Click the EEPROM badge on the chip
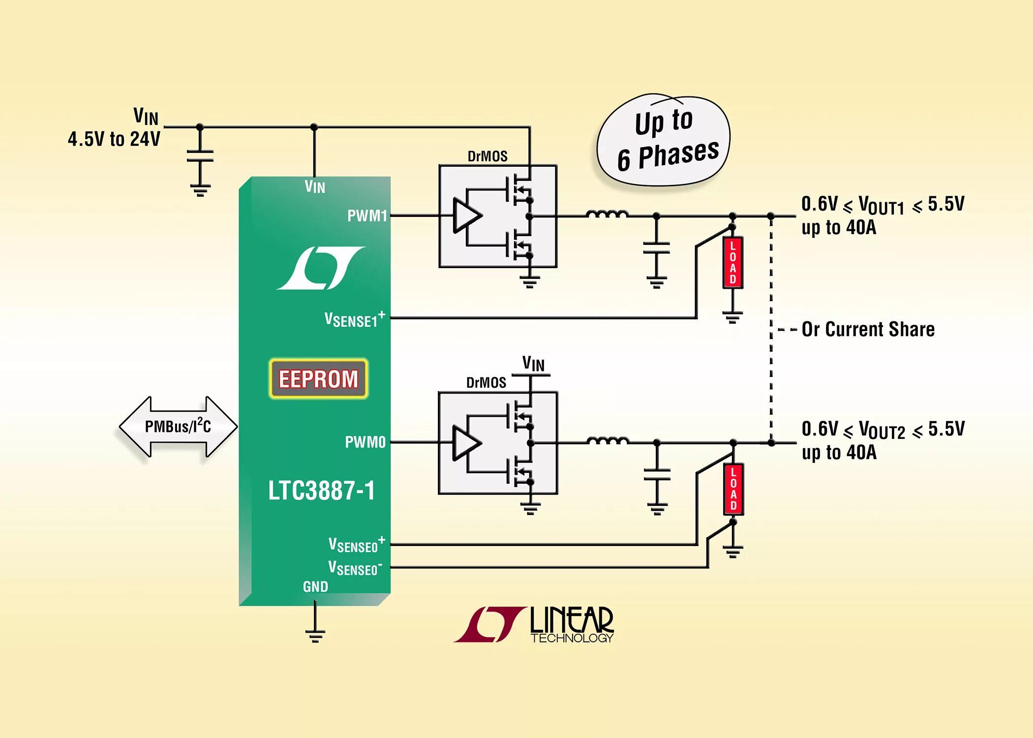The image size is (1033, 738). click(318, 378)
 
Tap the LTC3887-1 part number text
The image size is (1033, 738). click(321, 491)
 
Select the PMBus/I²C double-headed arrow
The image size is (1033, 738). click(178, 427)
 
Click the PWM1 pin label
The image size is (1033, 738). click(367, 215)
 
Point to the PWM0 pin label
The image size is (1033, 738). click(365, 442)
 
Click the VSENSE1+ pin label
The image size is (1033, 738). click(354, 319)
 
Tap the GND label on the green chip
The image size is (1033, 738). click(315, 586)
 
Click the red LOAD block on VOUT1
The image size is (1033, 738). click(732, 262)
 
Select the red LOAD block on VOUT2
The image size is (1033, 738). click(733, 489)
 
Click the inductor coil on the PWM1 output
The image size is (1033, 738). click(607, 214)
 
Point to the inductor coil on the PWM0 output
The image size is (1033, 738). click(607, 441)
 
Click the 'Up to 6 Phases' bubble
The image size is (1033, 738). click(664, 140)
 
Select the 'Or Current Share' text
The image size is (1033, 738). click(868, 329)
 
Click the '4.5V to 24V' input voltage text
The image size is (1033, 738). click(114, 139)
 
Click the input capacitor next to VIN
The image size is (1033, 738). click(200, 156)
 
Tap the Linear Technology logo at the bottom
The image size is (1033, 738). click(534, 625)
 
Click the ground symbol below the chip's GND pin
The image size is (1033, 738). click(315, 635)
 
